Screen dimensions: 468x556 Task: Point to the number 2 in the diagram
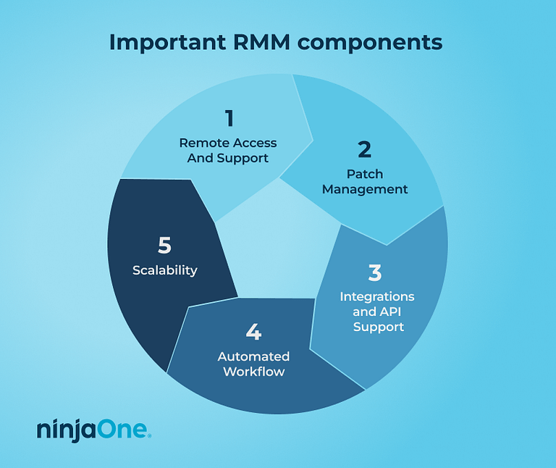[x=365, y=149]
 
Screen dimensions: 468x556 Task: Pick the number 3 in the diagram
[x=374, y=273]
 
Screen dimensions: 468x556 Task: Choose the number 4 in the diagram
[x=253, y=333]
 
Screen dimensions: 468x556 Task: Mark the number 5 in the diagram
[x=164, y=246]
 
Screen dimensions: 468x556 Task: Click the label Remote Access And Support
[x=228, y=150]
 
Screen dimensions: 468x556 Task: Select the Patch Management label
[x=365, y=182]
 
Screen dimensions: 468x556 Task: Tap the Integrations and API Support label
[x=377, y=312]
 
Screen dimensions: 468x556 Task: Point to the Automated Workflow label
[x=253, y=364]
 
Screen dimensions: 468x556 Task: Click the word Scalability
[x=165, y=270]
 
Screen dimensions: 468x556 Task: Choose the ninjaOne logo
[x=94, y=430]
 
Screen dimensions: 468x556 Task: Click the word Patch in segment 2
[x=365, y=174]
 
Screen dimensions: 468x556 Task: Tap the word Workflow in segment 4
[x=253, y=372]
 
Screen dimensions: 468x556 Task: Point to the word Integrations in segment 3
[x=377, y=296]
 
